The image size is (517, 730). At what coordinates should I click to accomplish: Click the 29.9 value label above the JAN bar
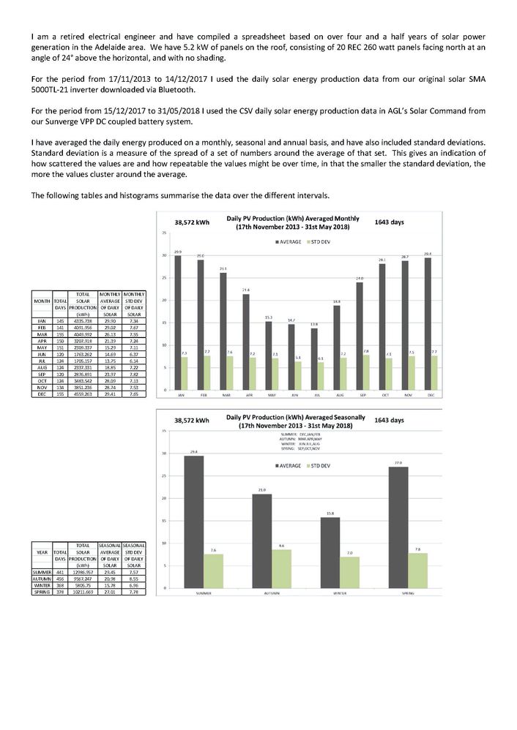(178, 252)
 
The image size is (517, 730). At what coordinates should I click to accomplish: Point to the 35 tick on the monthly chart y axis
(165, 233)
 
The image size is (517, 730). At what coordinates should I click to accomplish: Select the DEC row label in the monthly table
(42, 393)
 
